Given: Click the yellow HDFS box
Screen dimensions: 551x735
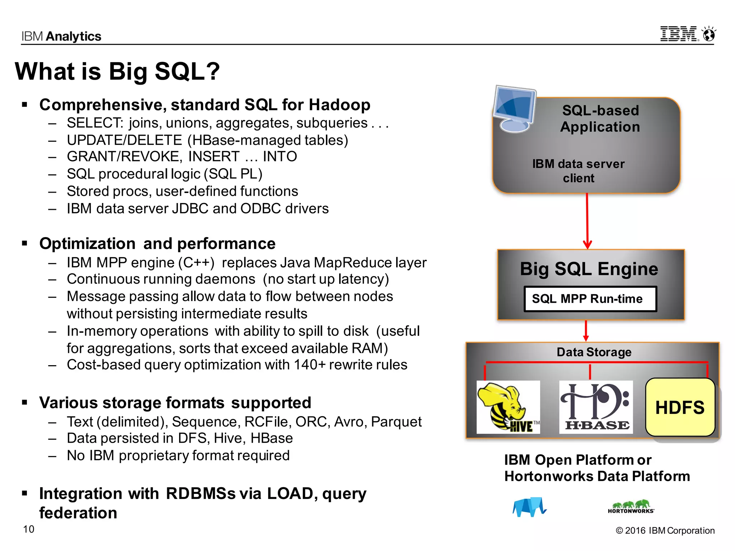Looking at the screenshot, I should (680, 407).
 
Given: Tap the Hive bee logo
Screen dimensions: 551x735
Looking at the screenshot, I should (507, 407).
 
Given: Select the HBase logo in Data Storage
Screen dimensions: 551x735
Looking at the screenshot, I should (596, 407).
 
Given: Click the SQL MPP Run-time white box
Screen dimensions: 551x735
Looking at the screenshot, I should (590, 299).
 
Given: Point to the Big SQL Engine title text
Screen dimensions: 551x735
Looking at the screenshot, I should (589, 269).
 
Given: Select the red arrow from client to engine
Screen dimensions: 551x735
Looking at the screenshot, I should (587, 221).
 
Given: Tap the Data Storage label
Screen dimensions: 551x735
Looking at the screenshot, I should (594, 352).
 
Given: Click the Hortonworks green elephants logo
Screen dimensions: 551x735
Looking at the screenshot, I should (631, 506).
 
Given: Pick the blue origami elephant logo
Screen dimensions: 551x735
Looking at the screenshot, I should (529, 507).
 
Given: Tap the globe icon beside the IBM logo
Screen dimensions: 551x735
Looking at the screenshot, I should (709, 34).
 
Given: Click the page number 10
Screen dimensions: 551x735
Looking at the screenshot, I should (29, 529).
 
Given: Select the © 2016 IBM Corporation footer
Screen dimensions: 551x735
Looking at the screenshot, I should (665, 531).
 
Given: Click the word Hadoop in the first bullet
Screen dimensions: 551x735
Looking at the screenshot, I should (339, 105).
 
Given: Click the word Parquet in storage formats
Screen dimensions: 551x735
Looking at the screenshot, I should (396, 422).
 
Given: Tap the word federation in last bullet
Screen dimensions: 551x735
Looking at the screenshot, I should (78, 513).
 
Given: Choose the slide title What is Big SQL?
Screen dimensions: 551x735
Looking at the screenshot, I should (117, 71).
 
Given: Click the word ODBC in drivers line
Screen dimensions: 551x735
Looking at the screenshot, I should (261, 209).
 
